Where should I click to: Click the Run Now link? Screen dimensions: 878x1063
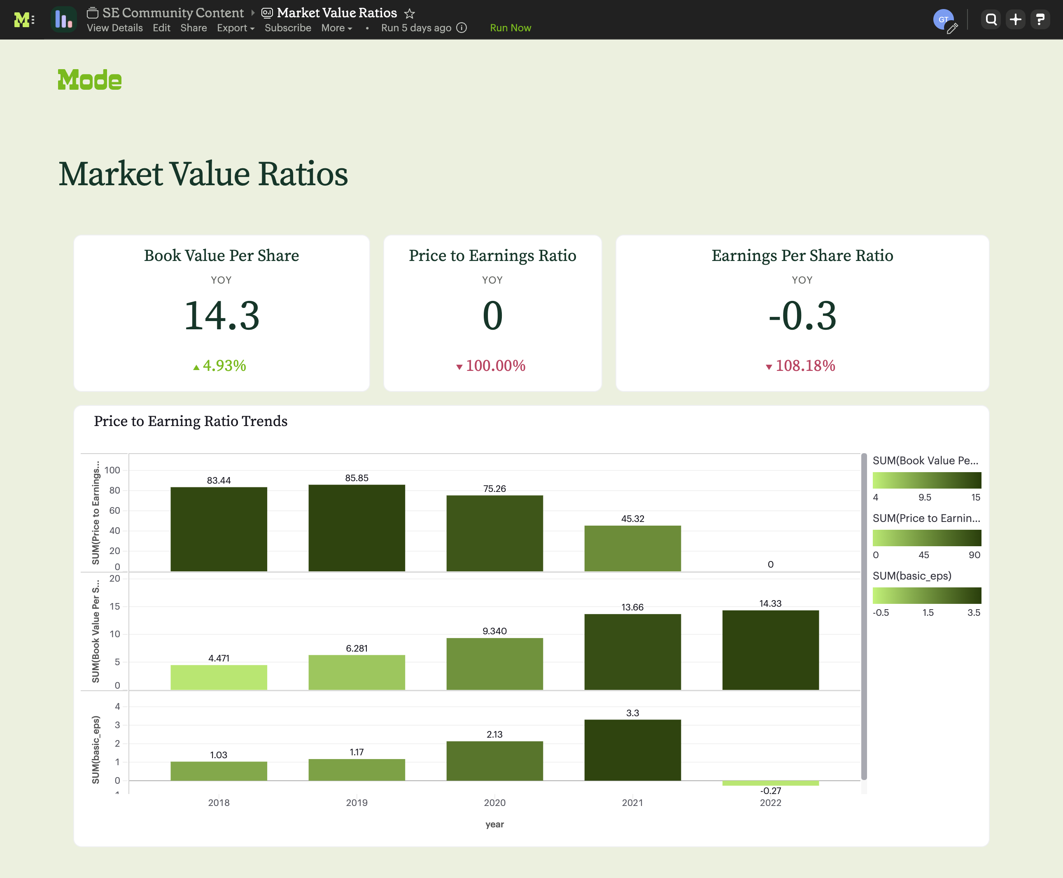pos(510,28)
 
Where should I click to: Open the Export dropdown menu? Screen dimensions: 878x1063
pos(235,28)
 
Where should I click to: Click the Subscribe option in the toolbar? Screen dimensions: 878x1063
pos(288,28)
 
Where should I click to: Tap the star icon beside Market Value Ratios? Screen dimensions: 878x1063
pos(410,13)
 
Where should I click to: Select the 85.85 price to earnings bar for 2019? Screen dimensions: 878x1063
pos(357,528)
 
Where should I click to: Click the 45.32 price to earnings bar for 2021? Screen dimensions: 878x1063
pos(632,548)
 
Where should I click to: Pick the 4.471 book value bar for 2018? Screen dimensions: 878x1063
pos(219,677)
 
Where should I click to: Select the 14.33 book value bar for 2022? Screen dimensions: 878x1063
pos(770,650)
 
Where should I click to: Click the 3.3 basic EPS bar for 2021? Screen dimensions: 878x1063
pos(632,750)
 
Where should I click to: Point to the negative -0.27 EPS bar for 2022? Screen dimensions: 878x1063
pos(770,783)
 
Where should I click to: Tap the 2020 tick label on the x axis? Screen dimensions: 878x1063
pos(494,803)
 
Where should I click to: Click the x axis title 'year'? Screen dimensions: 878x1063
pos(494,824)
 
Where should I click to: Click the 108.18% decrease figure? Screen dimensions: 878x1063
pos(805,366)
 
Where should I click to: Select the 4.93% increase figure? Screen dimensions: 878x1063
pos(224,366)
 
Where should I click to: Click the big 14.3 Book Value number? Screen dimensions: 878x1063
pos(221,316)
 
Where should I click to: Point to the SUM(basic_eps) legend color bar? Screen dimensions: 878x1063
pos(926,595)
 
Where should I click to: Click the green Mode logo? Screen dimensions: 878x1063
pos(89,80)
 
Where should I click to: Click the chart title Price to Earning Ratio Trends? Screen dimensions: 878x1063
pos(191,421)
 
